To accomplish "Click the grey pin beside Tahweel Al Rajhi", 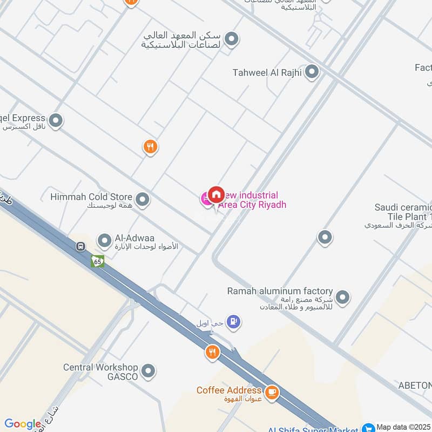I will (312, 72).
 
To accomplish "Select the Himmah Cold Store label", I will (91, 197).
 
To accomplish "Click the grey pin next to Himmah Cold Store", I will (143, 200).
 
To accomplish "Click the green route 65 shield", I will (97, 261).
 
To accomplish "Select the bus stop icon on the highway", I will (80, 247).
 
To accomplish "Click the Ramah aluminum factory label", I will (280, 292).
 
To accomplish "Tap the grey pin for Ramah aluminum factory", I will (342, 296).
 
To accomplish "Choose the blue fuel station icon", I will (233, 322).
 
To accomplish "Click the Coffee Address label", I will (229, 390).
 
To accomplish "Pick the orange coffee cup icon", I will (272, 393).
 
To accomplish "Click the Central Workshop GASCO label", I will (100, 372).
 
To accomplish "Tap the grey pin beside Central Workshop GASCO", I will (148, 371).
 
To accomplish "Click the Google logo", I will (23, 424).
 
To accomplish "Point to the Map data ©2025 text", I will (403, 427).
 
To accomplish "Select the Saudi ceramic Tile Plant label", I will (402, 212).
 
